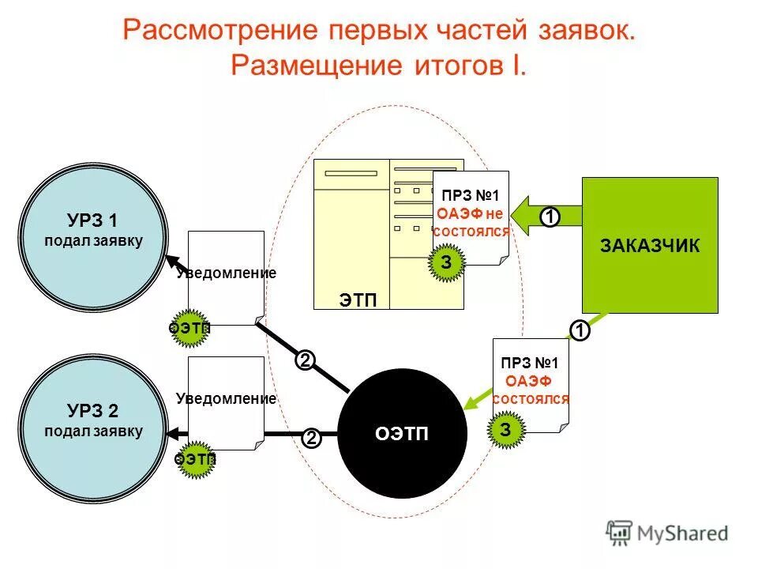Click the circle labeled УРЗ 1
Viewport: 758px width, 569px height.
click(92, 228)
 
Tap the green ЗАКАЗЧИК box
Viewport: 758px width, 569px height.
click(649, 245)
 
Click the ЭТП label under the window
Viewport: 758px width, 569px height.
click(358, 300)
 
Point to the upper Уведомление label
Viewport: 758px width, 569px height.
click(227, 273)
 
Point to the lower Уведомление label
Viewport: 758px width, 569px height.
click(227, 398)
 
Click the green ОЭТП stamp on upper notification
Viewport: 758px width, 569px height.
click(190, 327)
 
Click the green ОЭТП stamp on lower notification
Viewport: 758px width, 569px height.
click(193, 458)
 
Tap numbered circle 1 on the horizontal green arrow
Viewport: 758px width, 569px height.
click(550, 216)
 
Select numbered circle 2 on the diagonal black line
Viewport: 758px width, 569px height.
click(305, 360)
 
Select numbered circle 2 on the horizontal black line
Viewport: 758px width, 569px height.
click(311, 438)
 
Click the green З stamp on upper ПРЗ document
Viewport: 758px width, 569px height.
click(446, 263)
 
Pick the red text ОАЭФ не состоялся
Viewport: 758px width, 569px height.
click(472, 222)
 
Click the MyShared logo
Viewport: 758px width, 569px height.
click(668, 533)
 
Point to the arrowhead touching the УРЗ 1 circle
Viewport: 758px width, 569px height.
click(170, 262)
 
